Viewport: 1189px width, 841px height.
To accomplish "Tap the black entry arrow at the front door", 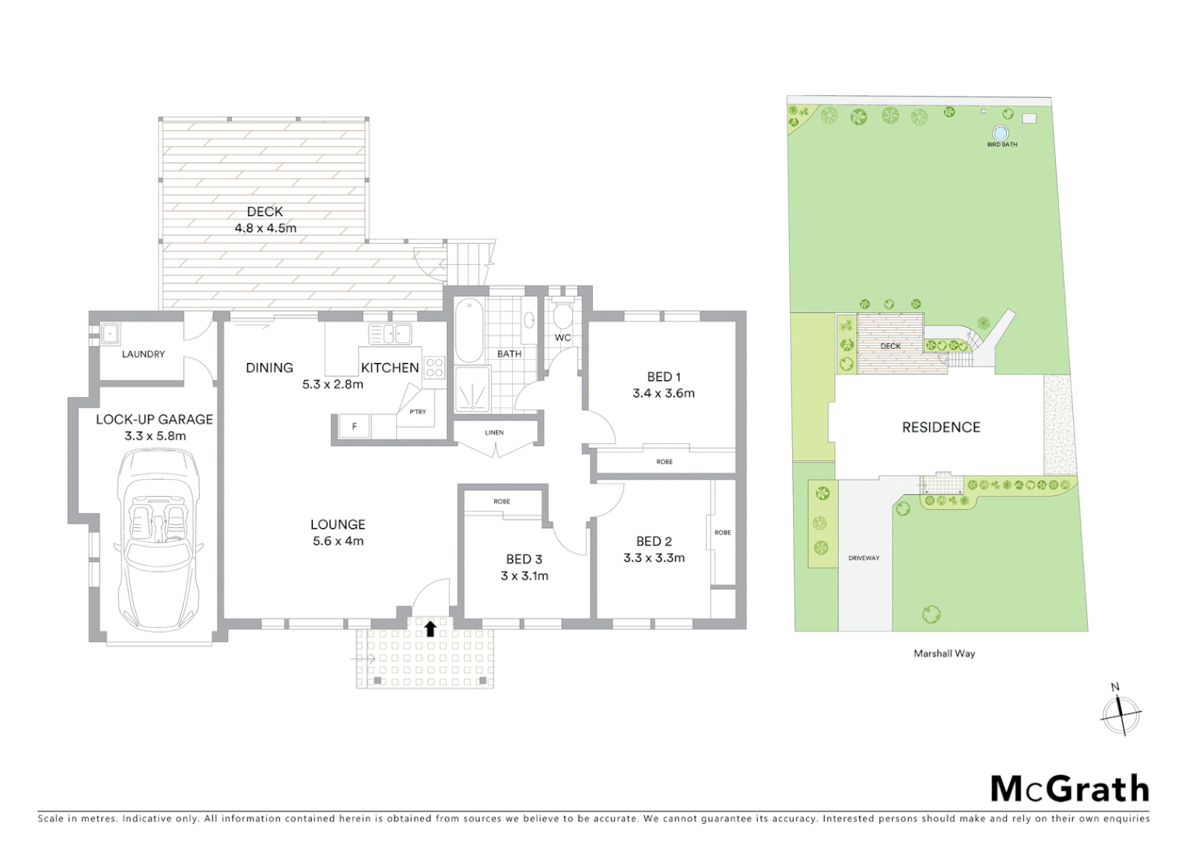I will click(430, 628).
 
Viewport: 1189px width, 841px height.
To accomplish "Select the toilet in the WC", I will click(562, 316).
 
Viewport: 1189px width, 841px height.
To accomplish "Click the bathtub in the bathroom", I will click(469, 330).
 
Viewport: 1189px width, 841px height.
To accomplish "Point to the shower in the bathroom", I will click(472, 389).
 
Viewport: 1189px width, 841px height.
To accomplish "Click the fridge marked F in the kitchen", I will click(355, 427).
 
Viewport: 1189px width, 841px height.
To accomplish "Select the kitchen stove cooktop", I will click(434, 368).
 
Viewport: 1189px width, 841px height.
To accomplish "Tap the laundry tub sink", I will click(110, 333).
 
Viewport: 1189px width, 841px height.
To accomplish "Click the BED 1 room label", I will click(664, 377).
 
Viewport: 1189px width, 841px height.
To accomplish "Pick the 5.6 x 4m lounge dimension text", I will click(338, 541).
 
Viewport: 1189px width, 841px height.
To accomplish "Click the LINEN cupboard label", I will click(494, 433).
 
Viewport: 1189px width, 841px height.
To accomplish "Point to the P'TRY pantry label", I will click(418, 412).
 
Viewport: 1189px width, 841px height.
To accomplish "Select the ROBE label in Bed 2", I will click(723, 533).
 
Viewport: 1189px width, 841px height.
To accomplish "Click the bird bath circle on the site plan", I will click(1001, 132).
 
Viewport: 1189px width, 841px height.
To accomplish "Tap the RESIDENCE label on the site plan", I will click(941, 428).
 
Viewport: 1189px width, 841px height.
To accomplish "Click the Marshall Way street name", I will click(944, 654).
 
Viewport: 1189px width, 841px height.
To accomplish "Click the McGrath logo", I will click(1070, 789).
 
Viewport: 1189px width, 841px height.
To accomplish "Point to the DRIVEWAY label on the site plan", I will click(864, 558).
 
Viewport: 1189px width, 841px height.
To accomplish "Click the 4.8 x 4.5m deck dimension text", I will click(265, 229).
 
